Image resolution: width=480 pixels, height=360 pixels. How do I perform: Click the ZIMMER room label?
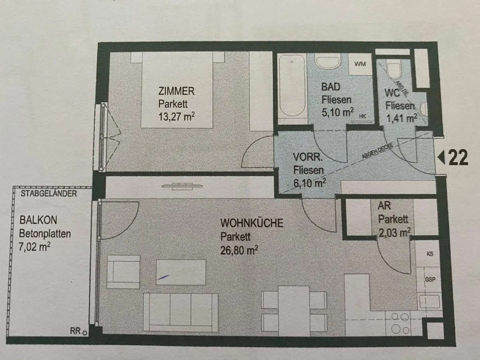pos(176,91)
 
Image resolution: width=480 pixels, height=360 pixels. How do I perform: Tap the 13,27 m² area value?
pos(176,116)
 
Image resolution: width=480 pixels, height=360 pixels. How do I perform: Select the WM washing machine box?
pos(360,64)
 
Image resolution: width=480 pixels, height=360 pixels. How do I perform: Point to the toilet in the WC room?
pos(394,71)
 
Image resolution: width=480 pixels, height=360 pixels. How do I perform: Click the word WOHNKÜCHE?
pos(252,223)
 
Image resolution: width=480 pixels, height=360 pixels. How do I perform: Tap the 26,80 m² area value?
pos(239,250)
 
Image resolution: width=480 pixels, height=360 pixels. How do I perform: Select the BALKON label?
pos(38,220)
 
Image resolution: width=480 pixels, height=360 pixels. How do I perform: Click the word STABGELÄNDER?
pos(49,194)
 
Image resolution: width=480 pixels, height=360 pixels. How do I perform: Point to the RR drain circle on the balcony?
pos(85,333)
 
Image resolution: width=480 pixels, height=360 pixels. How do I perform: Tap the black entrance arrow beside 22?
pos(441,158)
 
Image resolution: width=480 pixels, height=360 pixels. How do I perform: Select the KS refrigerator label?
pos(430,254)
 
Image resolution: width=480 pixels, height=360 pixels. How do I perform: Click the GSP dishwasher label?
pos(430,280)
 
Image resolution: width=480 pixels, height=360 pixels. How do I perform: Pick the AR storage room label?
pos(384,206)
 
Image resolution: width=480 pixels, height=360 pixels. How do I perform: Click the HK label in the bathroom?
pos(362,116)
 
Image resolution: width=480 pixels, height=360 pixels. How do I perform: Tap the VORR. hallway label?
pos(308,157)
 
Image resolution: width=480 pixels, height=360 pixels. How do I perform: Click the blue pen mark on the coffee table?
pos(163,277)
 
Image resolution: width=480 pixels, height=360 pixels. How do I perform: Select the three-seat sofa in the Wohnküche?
pos(180,312)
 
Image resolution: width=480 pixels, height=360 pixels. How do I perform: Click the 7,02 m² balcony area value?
pos(34,247)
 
